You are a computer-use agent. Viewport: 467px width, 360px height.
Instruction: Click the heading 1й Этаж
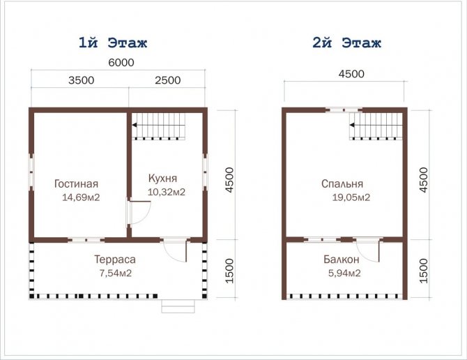113,43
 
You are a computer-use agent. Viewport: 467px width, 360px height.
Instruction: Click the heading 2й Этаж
346,43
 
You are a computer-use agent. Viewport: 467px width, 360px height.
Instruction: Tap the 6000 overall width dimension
121,63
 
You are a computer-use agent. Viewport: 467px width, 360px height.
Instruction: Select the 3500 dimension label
82,80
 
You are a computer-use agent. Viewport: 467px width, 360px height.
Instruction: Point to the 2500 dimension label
168,80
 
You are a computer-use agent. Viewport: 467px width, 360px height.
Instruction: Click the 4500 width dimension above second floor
351,74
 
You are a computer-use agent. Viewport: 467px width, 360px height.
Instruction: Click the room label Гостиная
76,183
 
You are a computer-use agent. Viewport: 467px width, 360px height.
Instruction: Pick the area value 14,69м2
81,197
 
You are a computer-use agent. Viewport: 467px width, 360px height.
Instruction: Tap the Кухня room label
162,178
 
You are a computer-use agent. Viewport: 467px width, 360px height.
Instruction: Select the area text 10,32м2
167,192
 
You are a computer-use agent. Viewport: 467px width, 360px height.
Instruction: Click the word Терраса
115,260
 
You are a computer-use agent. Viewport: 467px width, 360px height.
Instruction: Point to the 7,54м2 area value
116,273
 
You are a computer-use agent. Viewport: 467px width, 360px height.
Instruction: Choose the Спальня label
342,183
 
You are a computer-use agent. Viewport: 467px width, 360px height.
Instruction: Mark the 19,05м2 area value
351,197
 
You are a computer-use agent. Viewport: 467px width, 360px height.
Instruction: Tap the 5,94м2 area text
344,273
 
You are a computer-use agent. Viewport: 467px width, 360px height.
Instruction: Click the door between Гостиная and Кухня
139,213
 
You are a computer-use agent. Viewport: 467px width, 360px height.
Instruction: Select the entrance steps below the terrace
178,306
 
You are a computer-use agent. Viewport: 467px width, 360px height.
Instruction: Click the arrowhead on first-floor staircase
135,125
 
